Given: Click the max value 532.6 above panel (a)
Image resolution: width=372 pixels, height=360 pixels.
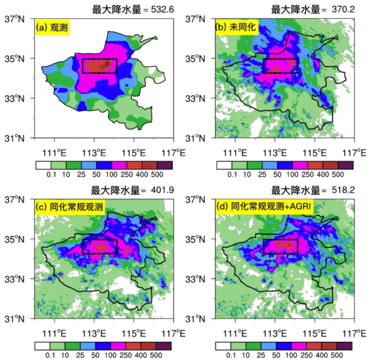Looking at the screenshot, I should pos(159,9).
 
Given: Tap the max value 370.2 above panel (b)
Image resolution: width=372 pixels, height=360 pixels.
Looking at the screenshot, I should pos(340,9).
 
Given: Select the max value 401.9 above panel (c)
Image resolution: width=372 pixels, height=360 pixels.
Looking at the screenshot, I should pos(159,190).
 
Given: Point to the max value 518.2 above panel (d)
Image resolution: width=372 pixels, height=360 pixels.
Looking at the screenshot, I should pos(340,190).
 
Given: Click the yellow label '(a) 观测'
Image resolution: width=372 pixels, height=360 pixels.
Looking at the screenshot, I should pos(53,27).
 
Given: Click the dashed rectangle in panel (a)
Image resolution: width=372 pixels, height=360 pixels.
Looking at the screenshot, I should pos(99,66).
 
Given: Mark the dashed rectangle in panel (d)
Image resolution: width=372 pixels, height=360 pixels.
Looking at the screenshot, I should pos(280,246).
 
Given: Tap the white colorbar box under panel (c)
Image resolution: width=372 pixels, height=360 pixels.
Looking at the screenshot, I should pos(43,345).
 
